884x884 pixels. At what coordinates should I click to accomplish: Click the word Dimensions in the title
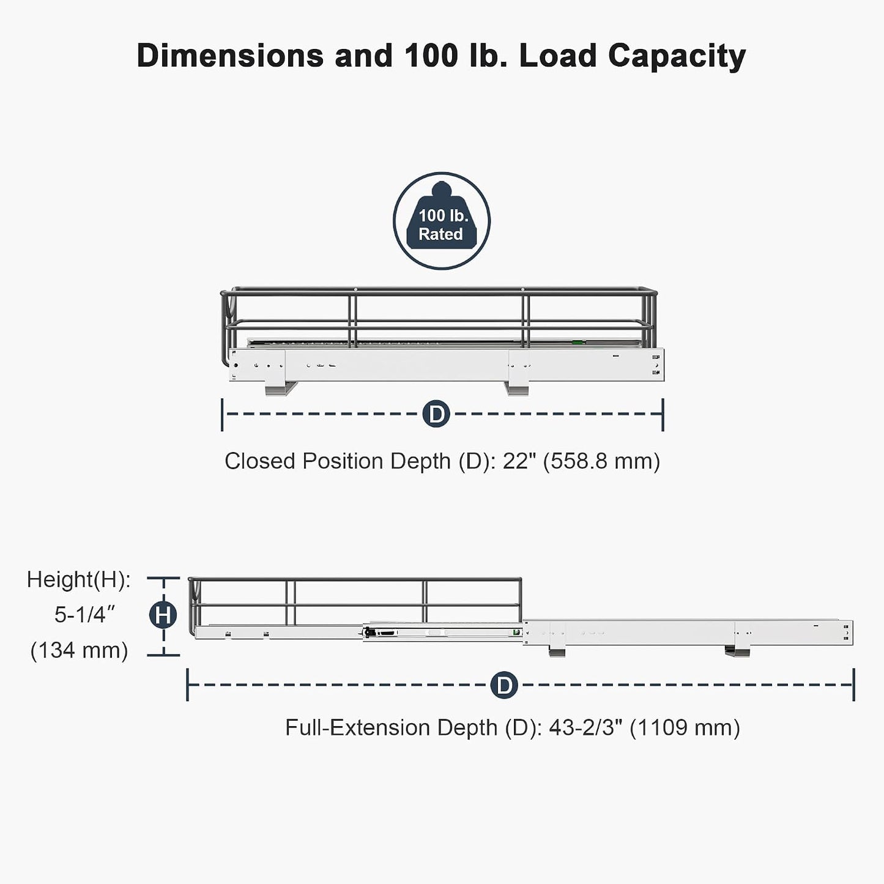[x=230, y=56]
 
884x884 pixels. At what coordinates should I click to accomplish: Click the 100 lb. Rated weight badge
[x=441, y=221]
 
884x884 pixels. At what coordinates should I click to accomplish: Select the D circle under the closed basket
[x=436, y=414]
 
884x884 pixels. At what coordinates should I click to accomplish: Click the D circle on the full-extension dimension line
[x=504, y=685]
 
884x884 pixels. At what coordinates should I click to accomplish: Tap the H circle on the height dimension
[x=163, y=615]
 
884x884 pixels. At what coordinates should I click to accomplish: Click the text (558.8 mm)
[x=601, y=461]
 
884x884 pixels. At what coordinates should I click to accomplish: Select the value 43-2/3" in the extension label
[x=589, y=727]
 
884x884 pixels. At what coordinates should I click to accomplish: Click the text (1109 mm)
[x=685, y=728]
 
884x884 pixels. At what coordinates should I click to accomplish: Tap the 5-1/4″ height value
[x=84, y=615]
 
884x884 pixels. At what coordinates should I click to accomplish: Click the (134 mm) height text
[x=79, y=650]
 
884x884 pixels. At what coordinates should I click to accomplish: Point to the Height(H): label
[x=79, y=579]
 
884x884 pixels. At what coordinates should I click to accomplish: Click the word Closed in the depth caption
[x=259, y=461]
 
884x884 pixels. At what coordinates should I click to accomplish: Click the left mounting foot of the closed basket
[x=280, y=388]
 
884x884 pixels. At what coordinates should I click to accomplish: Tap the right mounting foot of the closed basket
[x=517, y=388]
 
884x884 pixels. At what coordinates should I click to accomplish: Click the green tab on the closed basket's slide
[x=577, y=342]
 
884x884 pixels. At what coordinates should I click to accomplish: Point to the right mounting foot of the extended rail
[x=737, y=650]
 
